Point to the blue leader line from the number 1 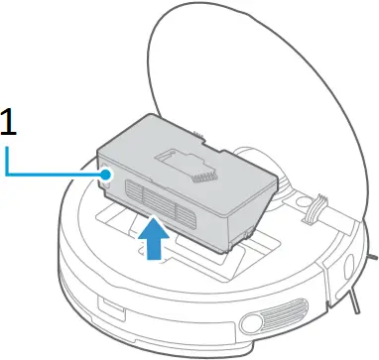click(x=50, y=175)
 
